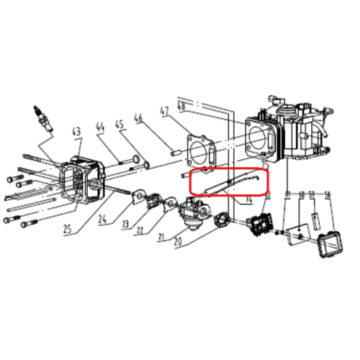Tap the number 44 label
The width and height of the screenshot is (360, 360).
pyautogui.click(x=100, y=128)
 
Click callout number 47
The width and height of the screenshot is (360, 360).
pyautogui.click(x=164, y=112)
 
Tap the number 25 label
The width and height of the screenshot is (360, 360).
pyautogui.click(x=68, y=230)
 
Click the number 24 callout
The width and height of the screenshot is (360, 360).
pyautogui.click(x=104, y=220)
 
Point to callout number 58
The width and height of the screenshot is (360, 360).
pyautogui.click(x=328, y=194)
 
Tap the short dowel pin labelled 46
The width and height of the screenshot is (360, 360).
pyautogui.click(x=174, y=151)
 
